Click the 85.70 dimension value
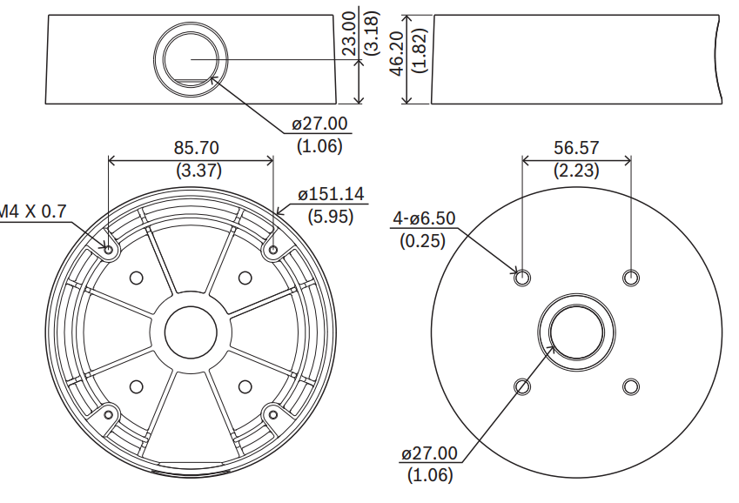click(196, 148)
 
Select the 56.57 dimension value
click(576, 148)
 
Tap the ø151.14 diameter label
click(331, 194)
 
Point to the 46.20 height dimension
click(397, 53)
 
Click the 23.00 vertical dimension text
click(349, 33)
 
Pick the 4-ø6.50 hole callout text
click(424, 218)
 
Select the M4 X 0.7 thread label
click(32, 211)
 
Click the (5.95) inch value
click(331, 217)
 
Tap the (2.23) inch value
click(576, 171)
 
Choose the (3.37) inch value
click(198, 170)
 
